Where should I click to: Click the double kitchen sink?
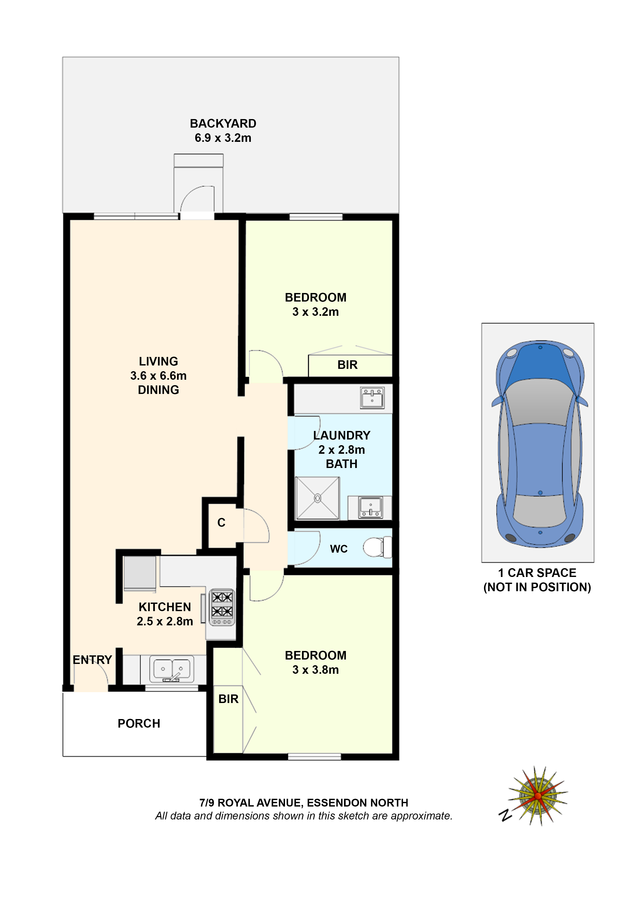pos(171,669)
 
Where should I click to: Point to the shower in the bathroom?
pos(317,498)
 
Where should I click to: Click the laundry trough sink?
pos(372,398)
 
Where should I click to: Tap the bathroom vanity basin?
pos(370,507)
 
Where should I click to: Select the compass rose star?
pos(538,795)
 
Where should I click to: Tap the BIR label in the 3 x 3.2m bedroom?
pos(347,365)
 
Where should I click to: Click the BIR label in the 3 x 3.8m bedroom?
pos(228,699)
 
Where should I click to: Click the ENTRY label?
pos(92,660)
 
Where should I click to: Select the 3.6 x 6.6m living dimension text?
pos(158,375)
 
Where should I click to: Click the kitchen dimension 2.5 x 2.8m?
pos(165,621)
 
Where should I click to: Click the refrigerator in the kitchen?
pos(139,573)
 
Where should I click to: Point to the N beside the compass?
pos(505,815)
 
